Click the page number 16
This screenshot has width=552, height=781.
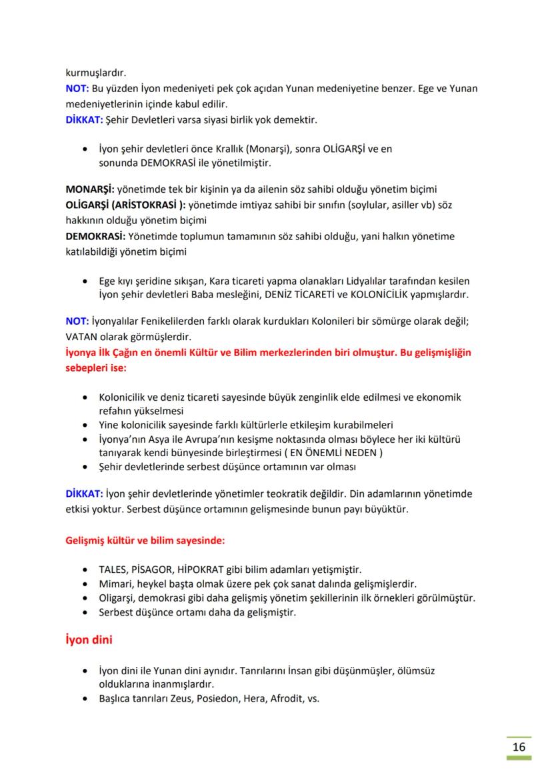[x=519, y=746]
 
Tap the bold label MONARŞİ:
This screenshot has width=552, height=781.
[x=90, y=189]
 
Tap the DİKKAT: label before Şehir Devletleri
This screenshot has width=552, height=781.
[x=83, y=120]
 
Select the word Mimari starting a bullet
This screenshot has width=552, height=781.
[x=114, y=584]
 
